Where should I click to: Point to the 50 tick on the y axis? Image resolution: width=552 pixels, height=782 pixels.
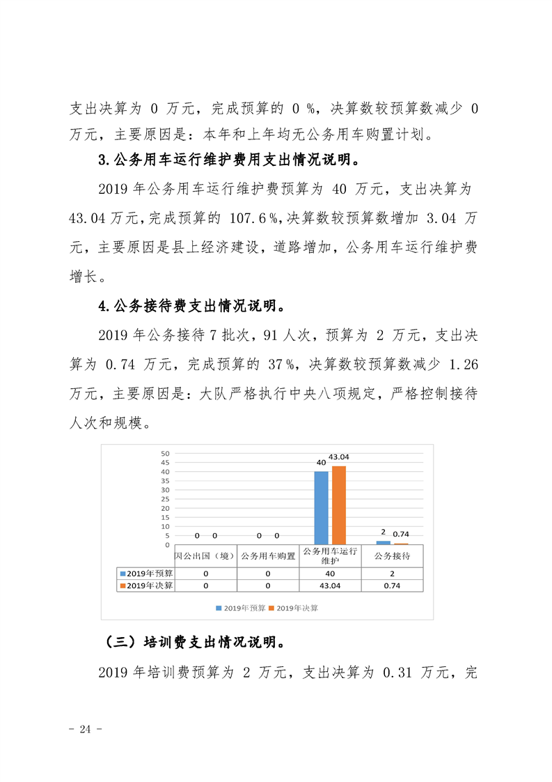point(165,453)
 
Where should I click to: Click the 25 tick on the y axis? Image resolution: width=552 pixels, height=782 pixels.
point(165,499)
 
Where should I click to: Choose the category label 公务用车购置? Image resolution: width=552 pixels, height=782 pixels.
point(267,556)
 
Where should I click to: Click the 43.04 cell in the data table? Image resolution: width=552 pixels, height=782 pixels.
point(330,586)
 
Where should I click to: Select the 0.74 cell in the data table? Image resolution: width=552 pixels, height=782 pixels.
point(392,586)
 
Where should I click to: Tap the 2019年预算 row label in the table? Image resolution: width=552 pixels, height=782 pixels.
point(145,573)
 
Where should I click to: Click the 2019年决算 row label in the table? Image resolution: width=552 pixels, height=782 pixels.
point(145,586)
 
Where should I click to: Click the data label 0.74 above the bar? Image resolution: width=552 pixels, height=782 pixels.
point(402,535)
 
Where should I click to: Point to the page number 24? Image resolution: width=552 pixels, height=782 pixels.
point(86,729)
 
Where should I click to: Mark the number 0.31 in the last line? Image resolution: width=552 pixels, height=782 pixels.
point(395,672)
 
